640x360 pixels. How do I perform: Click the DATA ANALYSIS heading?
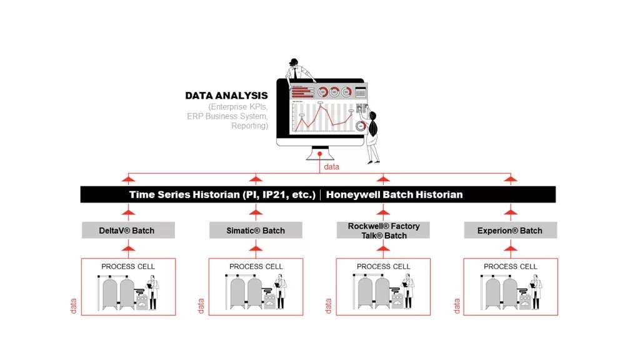tap(226, 96)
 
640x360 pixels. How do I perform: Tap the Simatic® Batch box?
tap(256, 231)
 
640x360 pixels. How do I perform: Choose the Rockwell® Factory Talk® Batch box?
tap(383, 230)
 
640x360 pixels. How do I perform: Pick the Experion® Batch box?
tap(510, 231)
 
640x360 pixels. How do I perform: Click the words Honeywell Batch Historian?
tap(394, 194)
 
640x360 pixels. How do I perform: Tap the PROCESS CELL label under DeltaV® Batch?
tap(128, 267)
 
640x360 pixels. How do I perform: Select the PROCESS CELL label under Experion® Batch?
tap(510, 267)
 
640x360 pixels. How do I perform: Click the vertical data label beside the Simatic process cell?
tap(201, 306)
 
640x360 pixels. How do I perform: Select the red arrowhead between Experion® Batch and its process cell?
tap(511, 248)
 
